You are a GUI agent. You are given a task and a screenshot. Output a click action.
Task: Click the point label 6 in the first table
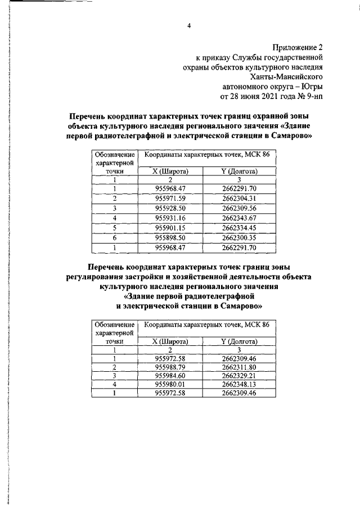coord(114,237)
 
